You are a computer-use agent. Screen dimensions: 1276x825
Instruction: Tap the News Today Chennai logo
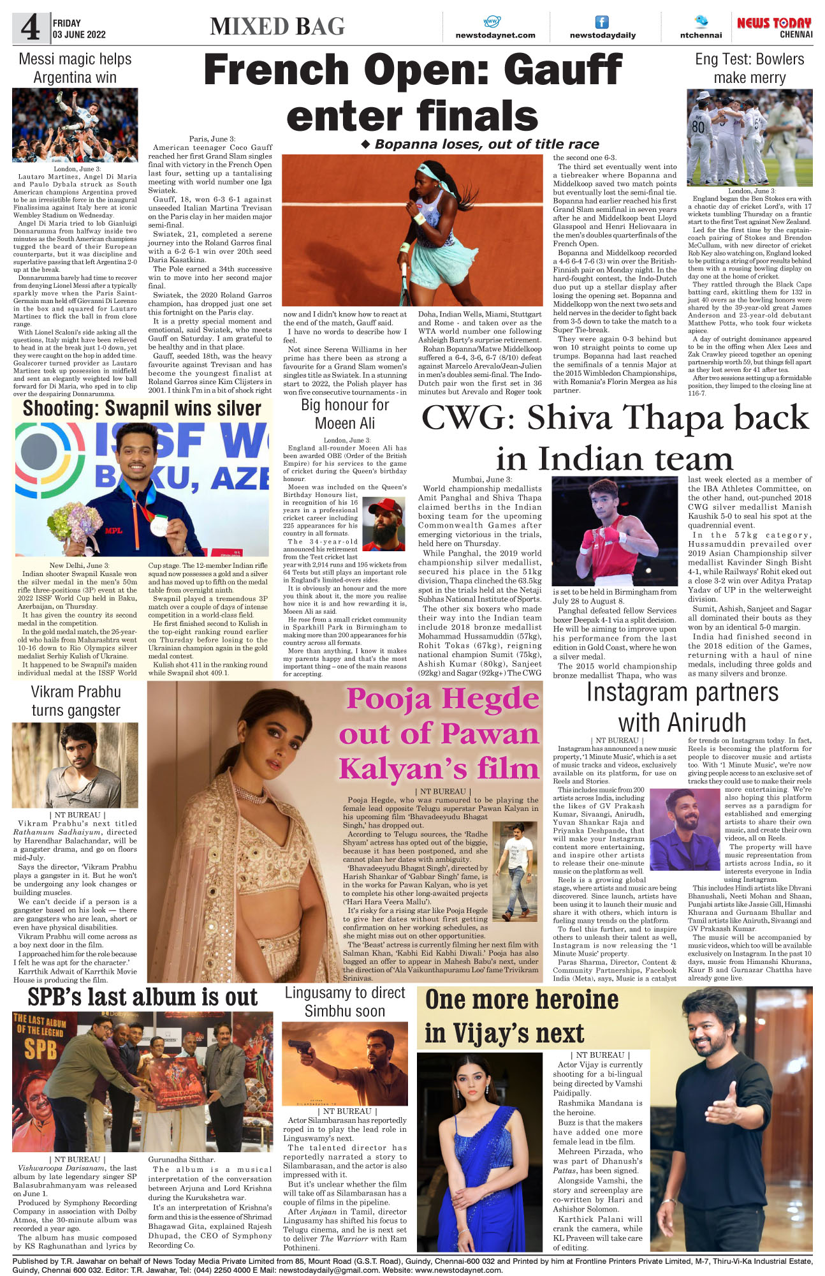point(774,27)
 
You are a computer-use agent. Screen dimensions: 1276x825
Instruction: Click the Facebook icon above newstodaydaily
point(602,22)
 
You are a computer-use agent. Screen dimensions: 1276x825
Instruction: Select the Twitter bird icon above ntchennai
point(701,21)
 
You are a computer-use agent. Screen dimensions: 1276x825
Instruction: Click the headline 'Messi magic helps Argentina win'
point(75,68)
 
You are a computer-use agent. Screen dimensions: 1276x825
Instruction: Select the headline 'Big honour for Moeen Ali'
point(345,413)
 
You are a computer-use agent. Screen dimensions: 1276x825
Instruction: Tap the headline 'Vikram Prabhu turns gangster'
point(76,701)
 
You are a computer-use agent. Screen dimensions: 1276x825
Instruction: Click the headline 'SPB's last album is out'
point(142,997)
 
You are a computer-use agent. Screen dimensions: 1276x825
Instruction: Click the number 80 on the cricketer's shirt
point(699,126)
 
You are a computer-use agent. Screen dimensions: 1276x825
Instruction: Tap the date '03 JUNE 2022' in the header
point(79,34)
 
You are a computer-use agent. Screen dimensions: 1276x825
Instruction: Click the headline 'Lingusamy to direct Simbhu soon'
point(345,1002)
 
